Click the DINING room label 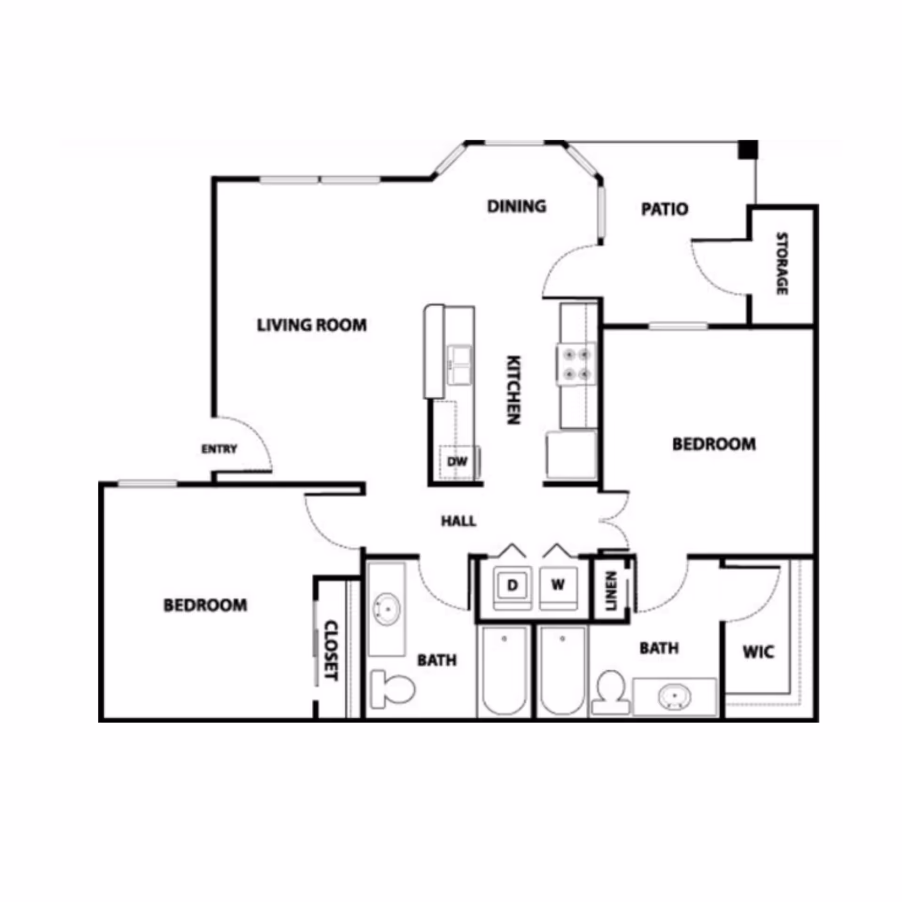[x=516, y=206]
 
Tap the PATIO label [x=664, y=209]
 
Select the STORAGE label [x=781, y=264]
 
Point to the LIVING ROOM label [x=311, y=325]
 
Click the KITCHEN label [x=513, y=389]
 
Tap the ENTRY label [x=219, y=449]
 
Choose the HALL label [x=459, y=521]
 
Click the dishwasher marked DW [x=457, y=462]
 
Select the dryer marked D [x=512, y=585]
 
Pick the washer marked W [x=558, y=585]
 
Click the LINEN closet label [x=611, y=591]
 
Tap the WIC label [x=758, y=652]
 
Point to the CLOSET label [x=332, y=651]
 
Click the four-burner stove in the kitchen [x=577, y=365]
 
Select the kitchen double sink [x=459, y=364]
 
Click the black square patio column [x=748, y=149]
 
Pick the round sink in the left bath [x=387, y=609]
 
